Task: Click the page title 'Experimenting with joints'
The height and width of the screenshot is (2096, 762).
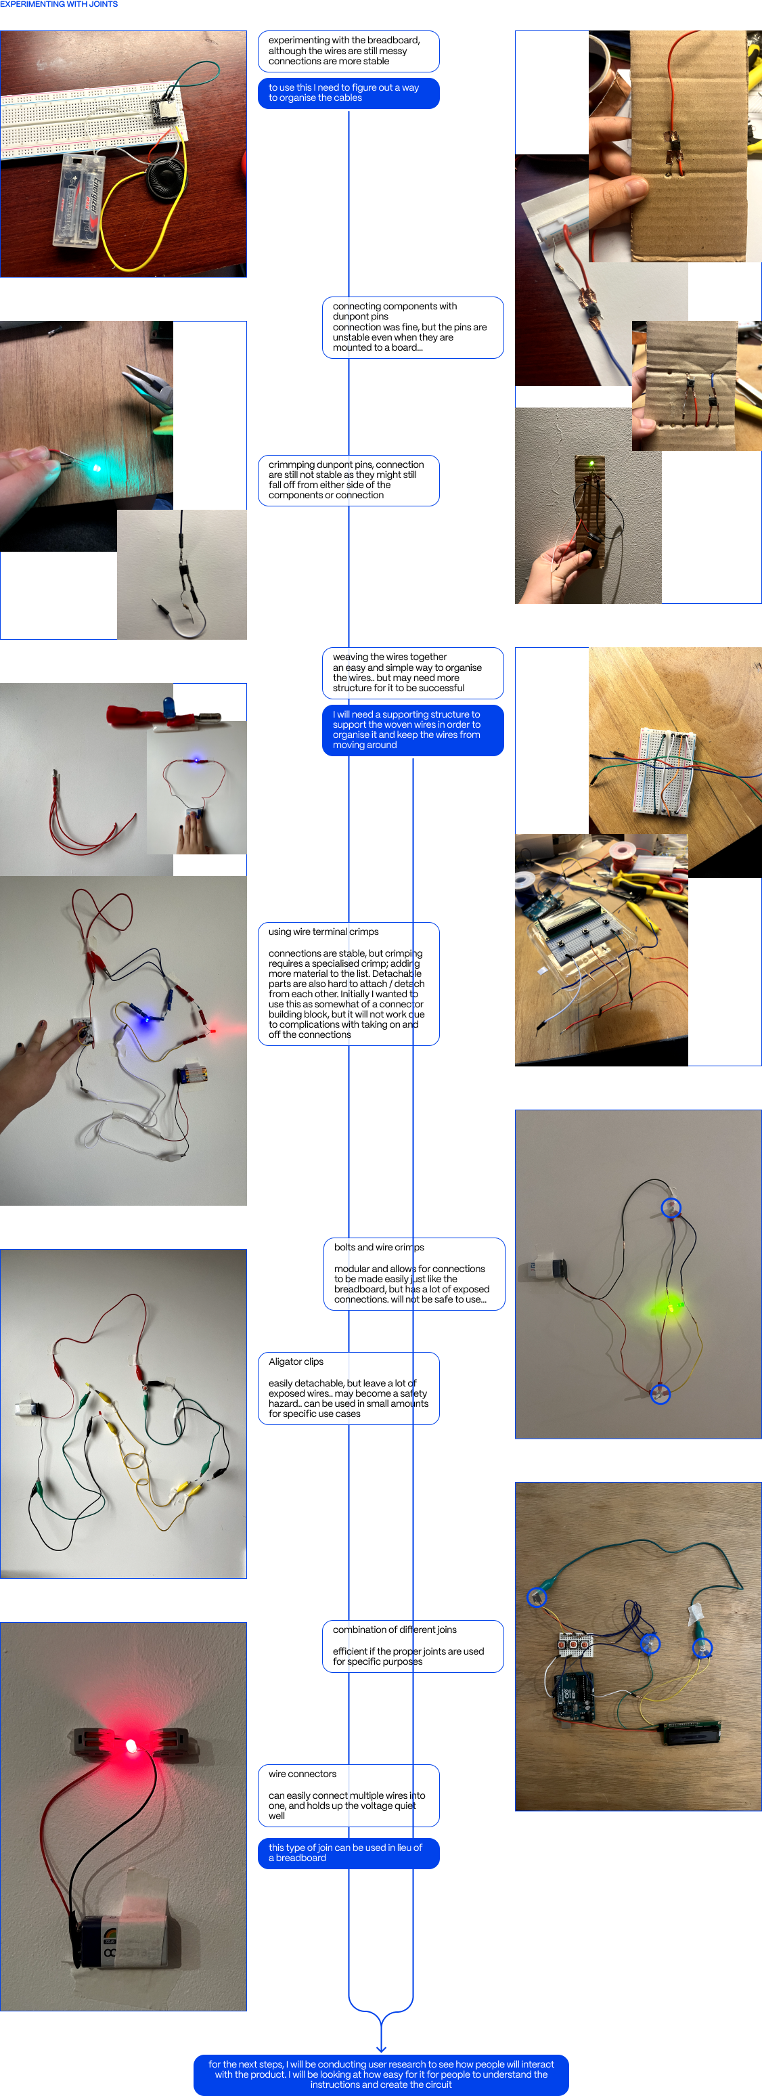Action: [59, 5]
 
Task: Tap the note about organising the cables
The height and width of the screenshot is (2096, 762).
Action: [348, 93]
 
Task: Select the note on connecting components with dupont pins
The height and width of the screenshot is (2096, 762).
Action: [412, 327]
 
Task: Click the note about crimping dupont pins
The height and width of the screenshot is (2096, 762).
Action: [348, 480]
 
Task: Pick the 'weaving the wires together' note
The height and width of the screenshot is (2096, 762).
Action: [412, 672]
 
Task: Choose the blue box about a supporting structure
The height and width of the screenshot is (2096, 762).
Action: [412, 730]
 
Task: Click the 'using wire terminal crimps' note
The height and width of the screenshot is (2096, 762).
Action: [348, 983]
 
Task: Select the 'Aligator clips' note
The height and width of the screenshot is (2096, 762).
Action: [348, 1387]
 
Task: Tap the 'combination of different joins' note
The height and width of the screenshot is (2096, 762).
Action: [412, 1645]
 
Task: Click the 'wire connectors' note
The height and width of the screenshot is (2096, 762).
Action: [348, 1794]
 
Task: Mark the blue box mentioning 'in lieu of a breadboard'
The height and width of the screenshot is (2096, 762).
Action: [348, 1853]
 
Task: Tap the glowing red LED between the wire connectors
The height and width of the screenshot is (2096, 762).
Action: [131, 1746]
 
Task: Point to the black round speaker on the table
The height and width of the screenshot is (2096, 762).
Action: [166, 176]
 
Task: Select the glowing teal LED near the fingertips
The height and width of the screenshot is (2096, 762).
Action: [96, 468]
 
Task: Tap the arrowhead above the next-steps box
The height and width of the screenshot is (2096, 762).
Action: [380, 2047]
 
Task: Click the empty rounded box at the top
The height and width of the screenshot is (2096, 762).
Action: [348, 51]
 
